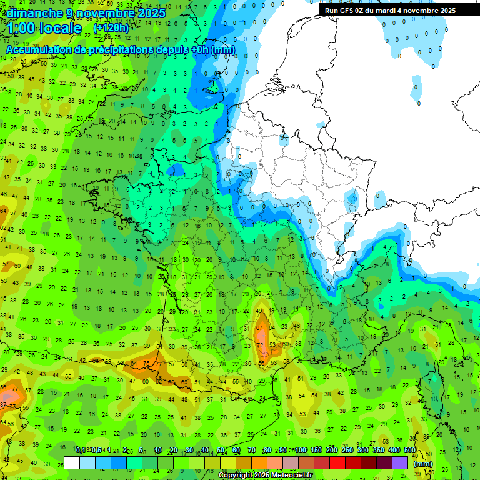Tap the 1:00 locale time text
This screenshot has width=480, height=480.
coord(44,28)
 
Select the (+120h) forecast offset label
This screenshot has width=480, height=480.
coord(111,28)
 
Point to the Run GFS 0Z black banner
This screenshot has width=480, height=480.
coord(391,11)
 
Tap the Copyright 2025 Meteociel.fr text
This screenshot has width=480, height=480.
coord(265,476)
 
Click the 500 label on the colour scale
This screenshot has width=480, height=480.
coord(410,451)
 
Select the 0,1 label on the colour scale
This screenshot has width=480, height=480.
coord(81,451)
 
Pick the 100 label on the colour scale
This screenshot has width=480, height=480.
coord(301,451)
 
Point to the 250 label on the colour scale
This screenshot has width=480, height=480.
coord(347,451)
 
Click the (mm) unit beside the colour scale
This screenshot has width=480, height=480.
coord(423,464)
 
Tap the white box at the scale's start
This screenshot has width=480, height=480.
coord(72,463)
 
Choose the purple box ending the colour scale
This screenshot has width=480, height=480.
coord(400,463)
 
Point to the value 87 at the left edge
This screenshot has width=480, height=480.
coord(2,406)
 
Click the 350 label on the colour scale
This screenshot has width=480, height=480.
coord(379,451)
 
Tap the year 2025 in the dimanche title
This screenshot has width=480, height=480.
coord(152,13)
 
